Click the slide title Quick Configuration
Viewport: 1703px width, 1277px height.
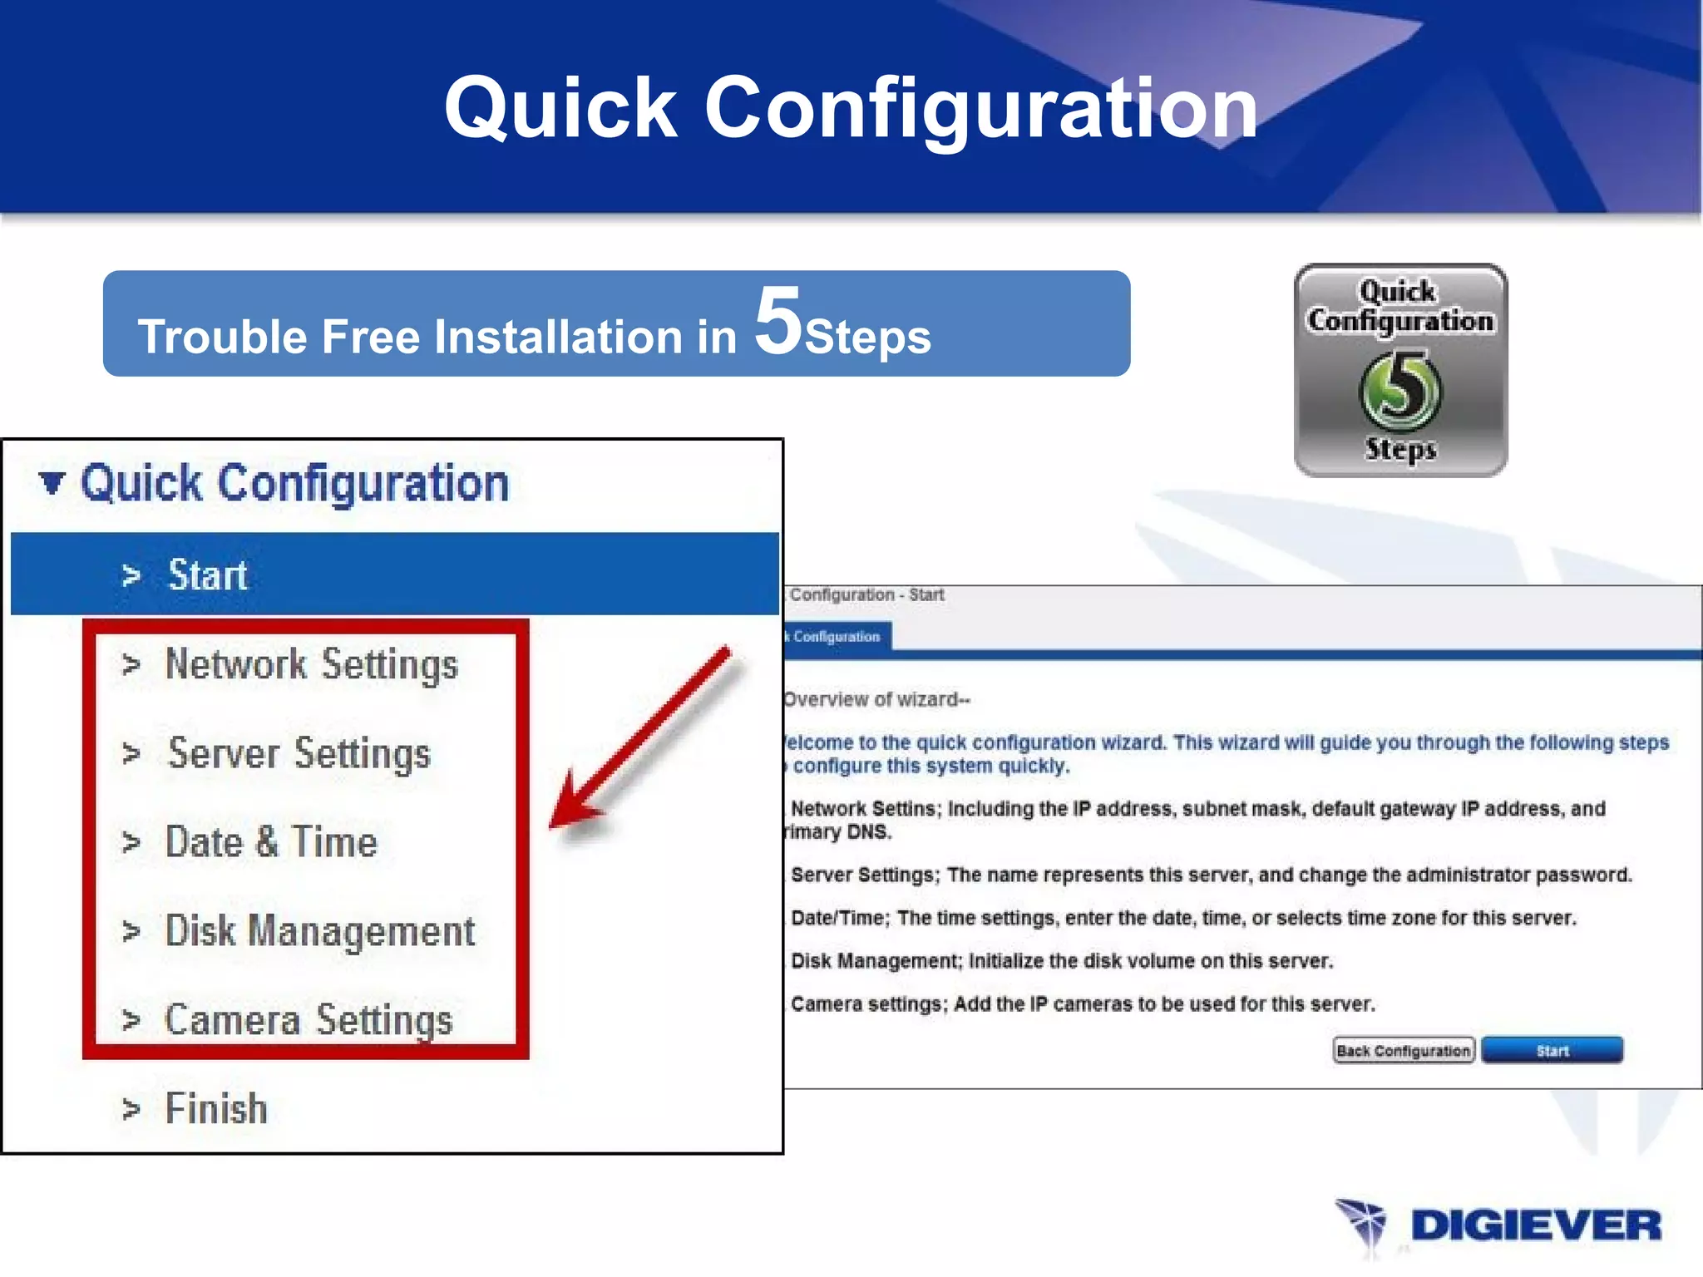(851, 108)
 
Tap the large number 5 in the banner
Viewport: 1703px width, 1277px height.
(777, 322)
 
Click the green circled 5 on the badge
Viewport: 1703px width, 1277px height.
(1401, 390)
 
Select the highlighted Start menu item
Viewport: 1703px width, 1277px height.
(208, 575)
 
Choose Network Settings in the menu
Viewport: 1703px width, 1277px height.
(311, 665)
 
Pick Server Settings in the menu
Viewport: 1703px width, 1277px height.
(299, 754)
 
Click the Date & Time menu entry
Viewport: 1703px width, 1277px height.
(271, 842)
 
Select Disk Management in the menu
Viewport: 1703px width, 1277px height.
(320, 931)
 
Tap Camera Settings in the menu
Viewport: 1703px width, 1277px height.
(309, 1020)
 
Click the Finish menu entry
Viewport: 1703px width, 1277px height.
(216, 1109)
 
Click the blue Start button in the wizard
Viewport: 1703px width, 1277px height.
(1552, 1051)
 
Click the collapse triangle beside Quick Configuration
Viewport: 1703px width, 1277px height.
(52, 482)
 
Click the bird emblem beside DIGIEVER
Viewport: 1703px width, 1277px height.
(1361, 1224)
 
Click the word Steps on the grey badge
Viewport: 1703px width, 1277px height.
(1400, 449)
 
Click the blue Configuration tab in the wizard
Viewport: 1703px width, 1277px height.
(836, 637)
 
